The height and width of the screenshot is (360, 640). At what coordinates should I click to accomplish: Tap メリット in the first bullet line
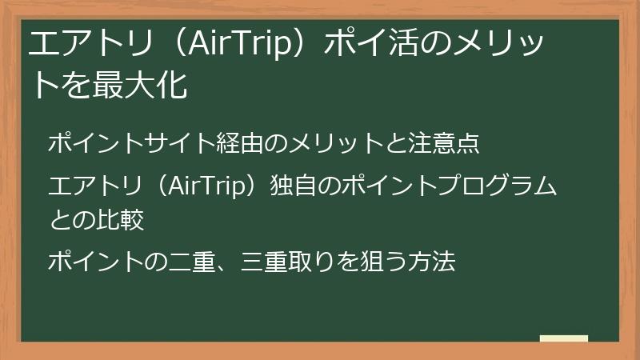(x=335, y=144)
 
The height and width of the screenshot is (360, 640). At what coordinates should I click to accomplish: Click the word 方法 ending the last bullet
(x=432, y=261)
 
